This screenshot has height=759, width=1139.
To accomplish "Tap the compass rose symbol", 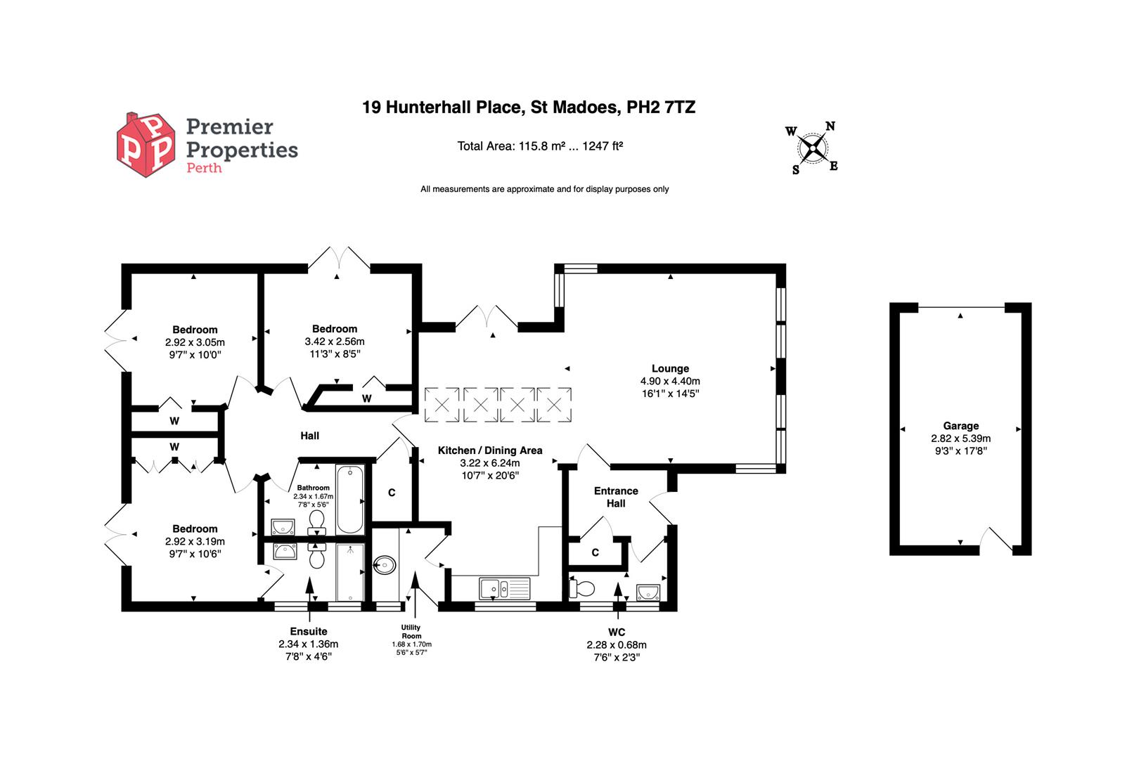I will click(812, 148).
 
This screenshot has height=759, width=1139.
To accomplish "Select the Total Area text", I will click(540, 146).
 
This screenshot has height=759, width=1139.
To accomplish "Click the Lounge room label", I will click(670, 368).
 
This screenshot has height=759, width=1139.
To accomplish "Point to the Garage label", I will click(960, 426).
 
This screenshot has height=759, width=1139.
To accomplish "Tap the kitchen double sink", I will click(504, 588).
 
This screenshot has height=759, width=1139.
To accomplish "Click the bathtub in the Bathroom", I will click(350, 500).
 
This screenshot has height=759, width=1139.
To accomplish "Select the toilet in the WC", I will click(583, 588).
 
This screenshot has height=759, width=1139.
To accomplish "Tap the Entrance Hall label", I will click(616, 497).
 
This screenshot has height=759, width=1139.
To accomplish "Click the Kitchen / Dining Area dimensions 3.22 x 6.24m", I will click(490, 463).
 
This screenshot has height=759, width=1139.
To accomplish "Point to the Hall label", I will click(309, 436).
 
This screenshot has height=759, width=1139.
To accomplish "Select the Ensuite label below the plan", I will click(309, 631).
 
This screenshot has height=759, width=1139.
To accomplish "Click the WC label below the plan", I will click(617, 632).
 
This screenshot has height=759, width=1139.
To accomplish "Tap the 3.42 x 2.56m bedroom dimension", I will click(335, 342).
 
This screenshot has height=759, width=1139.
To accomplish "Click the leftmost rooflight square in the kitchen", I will click(442, 405).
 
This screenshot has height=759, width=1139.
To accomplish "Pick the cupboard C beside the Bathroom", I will click(392, 493).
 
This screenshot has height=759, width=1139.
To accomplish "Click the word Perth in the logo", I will click(203, 168).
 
